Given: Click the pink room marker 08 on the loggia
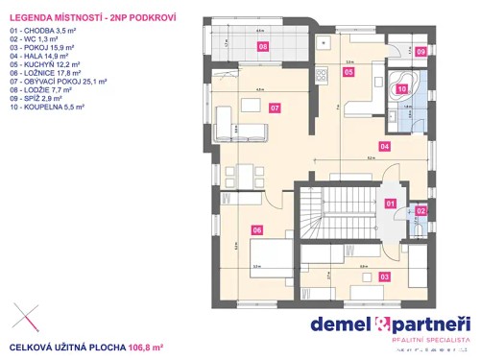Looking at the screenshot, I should pyautogui.click(x=263, y=46).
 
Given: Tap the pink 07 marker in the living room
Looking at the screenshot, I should pyautogui.click(x=276, y=108).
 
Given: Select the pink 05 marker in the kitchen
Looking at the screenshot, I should pyautogui.click(x=348, y=71).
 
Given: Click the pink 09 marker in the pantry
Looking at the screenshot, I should pyautogui.click(x=420, y=52).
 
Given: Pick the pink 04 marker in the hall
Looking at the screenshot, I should pyautogui.click(x=384, y=147).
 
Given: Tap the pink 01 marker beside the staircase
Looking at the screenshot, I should pyautogui.click(x=391, y=204).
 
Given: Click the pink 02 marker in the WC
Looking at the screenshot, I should pyautogui.click(x=420, y=211).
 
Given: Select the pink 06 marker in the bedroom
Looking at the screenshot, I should pyautogui.click(x=256, y=229).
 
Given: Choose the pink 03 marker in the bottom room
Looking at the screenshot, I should pyautogui.click(x=385, y=276).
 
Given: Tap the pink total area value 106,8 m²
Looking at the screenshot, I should pyautogui.click(x=146, y=348).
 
